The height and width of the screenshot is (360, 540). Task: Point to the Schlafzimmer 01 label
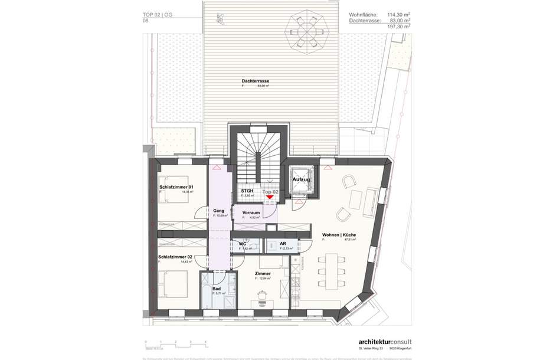click(176, 187)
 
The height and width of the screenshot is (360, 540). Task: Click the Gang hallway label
click(218, 211)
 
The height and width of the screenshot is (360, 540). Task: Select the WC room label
click(242, 244)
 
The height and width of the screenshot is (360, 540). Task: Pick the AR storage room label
click(283, 244)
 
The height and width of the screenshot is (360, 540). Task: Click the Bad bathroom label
click(217, 289)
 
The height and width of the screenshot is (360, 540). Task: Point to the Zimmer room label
click(263, 274)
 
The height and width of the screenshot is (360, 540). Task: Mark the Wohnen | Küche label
click(339, 235)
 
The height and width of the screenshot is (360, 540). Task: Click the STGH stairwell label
click(247, 192)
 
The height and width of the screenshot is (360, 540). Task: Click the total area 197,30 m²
click(399, 27)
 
